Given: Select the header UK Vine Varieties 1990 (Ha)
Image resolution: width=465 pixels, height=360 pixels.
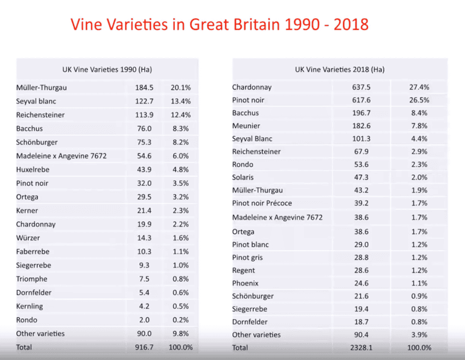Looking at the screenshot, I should click(x=107, y=69).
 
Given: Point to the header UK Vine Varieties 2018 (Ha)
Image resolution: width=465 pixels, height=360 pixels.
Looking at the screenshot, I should click(x=339, y=69).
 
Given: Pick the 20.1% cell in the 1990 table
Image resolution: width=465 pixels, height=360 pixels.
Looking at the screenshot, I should click(x=180, y=88).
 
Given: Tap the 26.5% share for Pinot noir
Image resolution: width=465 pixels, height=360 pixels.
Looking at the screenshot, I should click(x=419, y=100).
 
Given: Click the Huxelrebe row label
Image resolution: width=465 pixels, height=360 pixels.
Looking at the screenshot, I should click(x=33, y=169).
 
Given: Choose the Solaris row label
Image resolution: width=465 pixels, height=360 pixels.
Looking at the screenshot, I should click(x=243, y=177).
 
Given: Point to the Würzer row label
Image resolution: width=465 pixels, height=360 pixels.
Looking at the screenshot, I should click(x=28, y=238).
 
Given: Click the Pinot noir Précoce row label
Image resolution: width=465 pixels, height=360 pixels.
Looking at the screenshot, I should click(x=262, y=203).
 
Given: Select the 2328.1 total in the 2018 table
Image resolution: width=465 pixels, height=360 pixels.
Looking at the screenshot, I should click(x=363, y=348).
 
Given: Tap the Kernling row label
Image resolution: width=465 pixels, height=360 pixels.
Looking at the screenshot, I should click(x=29, y=306).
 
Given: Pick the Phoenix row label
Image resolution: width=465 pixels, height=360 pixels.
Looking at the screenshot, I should click(x=245, y=283).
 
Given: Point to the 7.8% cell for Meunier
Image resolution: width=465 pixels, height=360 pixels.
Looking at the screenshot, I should click(x=419, y=126).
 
